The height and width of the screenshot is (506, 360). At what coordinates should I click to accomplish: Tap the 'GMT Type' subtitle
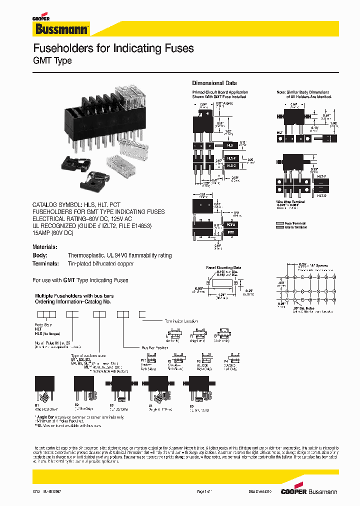[52, 61]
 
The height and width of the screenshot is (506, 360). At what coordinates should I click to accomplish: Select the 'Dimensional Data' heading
[214, 83]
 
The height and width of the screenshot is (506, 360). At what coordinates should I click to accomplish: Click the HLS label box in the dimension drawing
[230, 145]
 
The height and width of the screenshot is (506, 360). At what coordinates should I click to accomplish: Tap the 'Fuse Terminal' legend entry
[295, 223]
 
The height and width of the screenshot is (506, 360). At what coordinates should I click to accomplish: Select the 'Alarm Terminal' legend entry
[295, 227]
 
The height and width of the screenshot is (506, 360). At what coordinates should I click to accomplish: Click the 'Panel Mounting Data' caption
[223, 268]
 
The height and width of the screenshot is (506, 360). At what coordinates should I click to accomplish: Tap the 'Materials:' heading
[45, 247]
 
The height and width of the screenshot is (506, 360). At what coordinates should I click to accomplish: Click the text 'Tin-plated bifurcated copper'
[100, 263]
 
